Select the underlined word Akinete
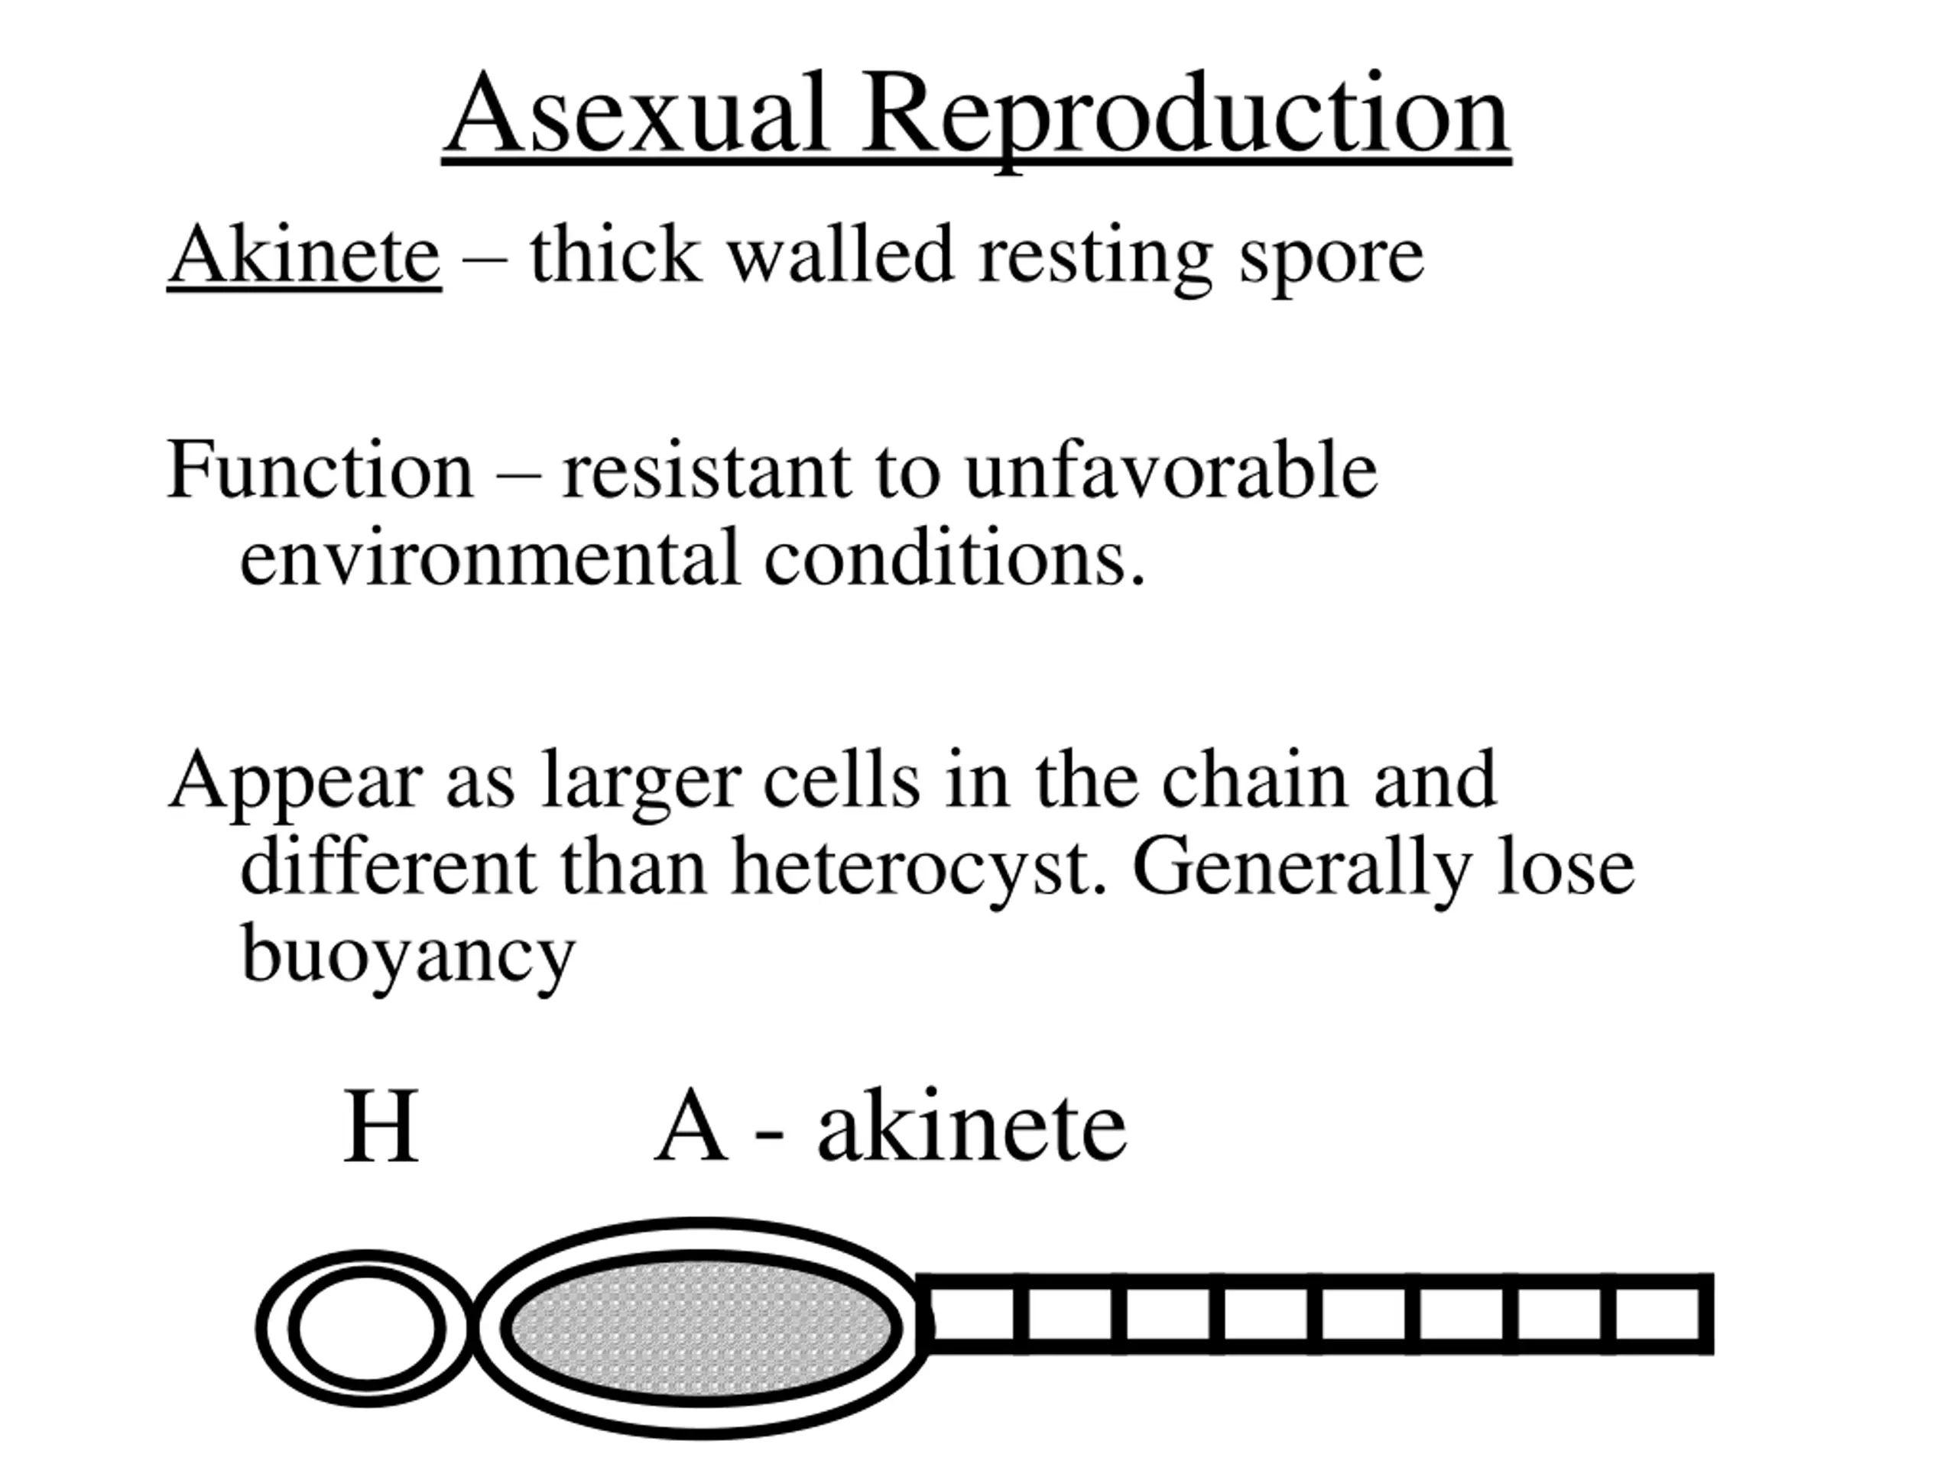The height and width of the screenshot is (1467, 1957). pyautogui.click(x=304, y=254)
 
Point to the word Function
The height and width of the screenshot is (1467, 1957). pyautogui.click(x=320, y=471)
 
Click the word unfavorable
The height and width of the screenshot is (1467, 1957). pyautogui.click(x=1170, y=471)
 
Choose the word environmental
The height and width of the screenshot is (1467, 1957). pyautogui.click(x=489, y=558)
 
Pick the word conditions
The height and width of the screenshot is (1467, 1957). pyautogui.click(x=954, y=558)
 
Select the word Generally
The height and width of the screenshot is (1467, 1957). pyautogui.click(x=1298, y=867)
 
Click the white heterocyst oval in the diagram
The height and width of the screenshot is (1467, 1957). pyautogui.click(x=368, y=1327)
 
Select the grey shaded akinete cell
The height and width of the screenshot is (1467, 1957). pyautogui.click(x=702, y=1327)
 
